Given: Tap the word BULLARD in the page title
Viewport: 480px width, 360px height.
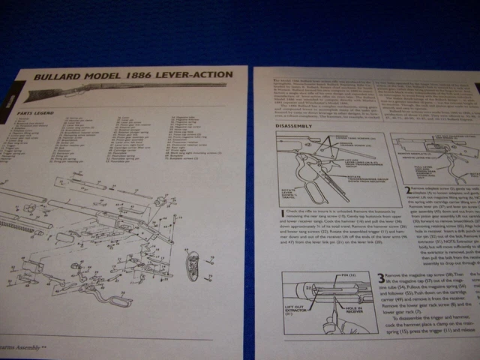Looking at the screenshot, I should [x=62, y=76].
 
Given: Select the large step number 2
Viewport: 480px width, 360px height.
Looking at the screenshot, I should [x=409, y=190].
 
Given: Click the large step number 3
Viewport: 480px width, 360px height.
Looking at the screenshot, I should [x=382, y=277].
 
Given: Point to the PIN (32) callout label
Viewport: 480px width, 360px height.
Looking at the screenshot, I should [x=344, y=277].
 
